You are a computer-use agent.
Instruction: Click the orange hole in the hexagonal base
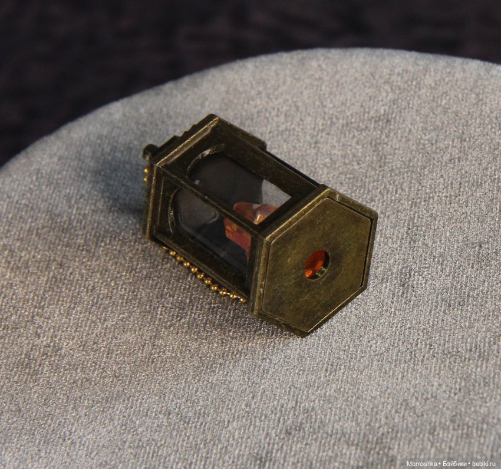[x=316, y=264]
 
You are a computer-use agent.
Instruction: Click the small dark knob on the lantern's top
[x=149, y=151]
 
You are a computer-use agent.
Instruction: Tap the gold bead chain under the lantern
[x=205, y=275]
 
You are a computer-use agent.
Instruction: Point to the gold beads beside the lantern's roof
[x=146, y=175]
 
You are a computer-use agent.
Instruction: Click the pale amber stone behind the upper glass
[x=256, y=211]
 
